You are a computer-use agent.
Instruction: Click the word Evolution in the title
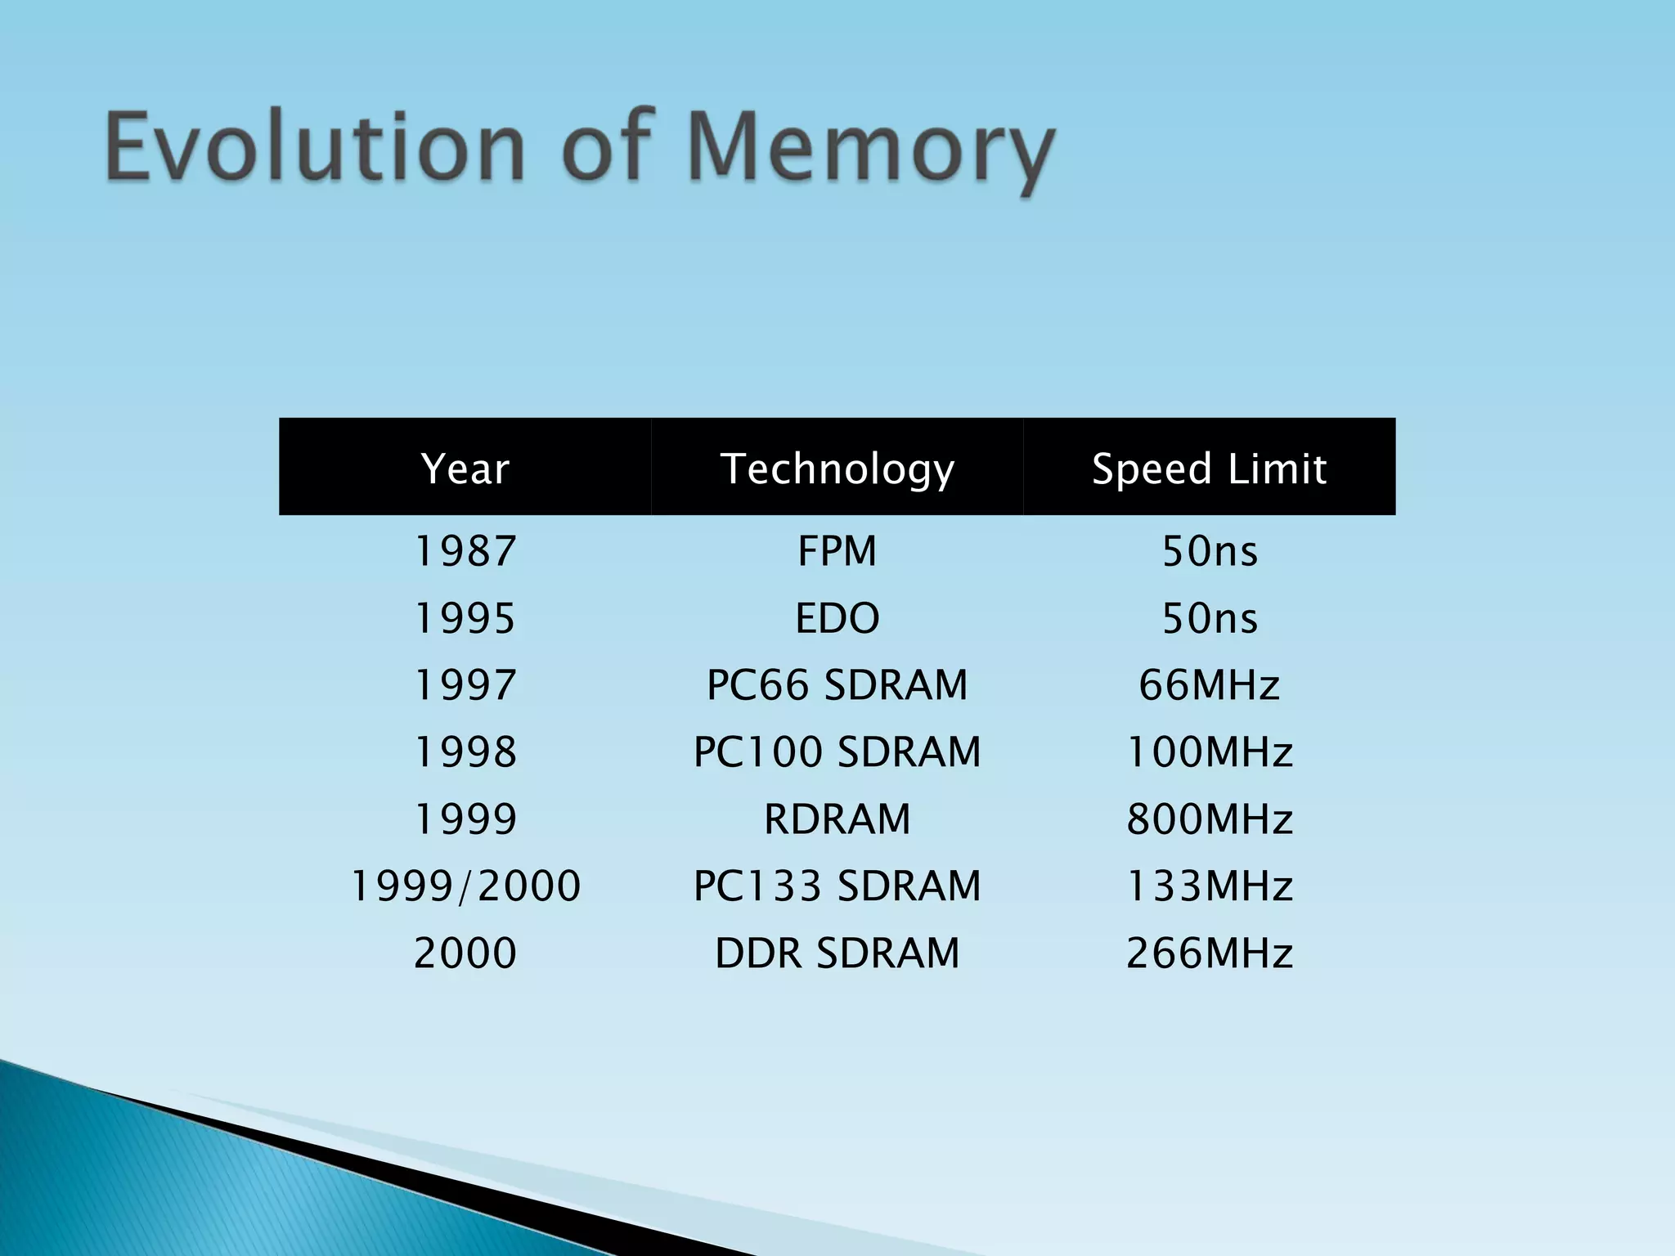[315, 147]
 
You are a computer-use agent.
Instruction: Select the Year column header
[465, 469]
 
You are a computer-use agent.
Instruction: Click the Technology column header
[837, 469]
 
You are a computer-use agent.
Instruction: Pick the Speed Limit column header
[1209, 469]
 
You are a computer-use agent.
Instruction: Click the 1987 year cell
[465, 551]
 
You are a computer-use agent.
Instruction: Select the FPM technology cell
[837, 551]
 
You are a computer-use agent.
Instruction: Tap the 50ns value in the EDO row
[1209, 618]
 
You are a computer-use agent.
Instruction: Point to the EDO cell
[837, 618]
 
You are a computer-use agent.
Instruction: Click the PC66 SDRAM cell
[837, 685]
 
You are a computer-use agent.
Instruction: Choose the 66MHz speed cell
[1209, 685]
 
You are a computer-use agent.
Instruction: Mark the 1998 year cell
[465, 752]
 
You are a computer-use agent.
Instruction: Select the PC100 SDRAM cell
[837, 752]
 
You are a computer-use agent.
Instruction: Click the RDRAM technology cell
[837, 819]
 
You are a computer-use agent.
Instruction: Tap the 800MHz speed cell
[1209, 819]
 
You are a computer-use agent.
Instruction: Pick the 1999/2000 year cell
[465, 886]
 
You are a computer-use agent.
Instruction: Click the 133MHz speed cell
[1209, 886]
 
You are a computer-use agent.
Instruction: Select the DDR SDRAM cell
[837, 953]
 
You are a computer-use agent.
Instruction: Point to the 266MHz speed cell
[1209, 953]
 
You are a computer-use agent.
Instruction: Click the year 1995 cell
[465, 618]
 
